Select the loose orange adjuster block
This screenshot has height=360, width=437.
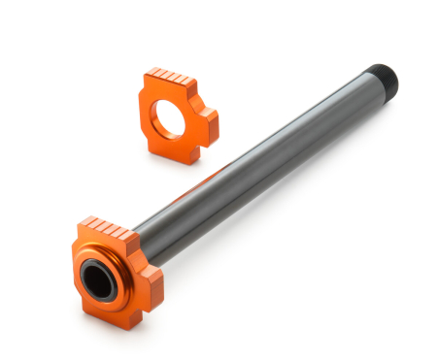[x=179, y=112]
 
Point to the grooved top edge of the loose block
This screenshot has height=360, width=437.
[x=171, y=75]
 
